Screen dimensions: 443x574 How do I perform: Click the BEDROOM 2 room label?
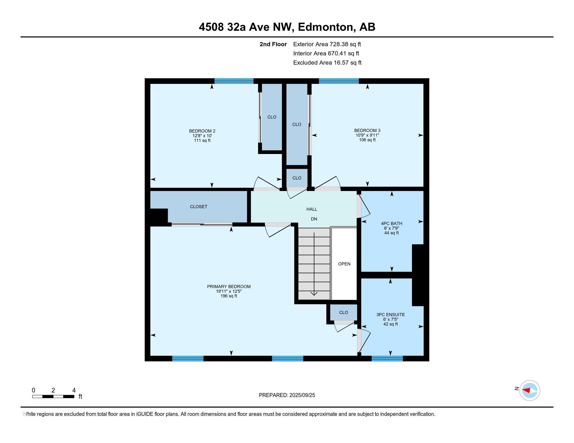pos(202,131)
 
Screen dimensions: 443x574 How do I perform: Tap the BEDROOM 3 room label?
pos(367,131)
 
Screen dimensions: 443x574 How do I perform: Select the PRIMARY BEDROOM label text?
pos(229,287)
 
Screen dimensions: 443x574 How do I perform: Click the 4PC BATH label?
pos(391,224)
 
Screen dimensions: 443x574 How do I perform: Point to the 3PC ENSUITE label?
pos(390,315)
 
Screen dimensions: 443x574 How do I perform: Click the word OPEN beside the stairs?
pos(344,264)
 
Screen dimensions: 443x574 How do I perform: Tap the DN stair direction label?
pos(314,219)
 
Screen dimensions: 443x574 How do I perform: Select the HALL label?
pos(312,209)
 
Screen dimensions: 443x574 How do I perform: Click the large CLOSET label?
pos(199,207)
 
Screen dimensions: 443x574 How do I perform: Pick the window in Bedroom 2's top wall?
pos(234,81)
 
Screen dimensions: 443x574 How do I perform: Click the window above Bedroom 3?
pos(338,81)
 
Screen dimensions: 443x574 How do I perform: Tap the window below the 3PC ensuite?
pos(387,359)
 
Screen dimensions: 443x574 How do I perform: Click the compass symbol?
pos(529,391)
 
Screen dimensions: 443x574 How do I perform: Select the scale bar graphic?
pos(53,397)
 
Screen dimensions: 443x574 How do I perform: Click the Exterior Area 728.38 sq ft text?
pos(327,44)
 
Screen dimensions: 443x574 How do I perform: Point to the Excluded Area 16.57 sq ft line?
pos(327,63)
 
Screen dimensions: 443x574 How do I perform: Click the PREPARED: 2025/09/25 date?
pos(287,395)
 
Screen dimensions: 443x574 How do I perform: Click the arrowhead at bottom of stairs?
pos(314,293)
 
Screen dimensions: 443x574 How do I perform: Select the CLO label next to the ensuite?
pos(344,312)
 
